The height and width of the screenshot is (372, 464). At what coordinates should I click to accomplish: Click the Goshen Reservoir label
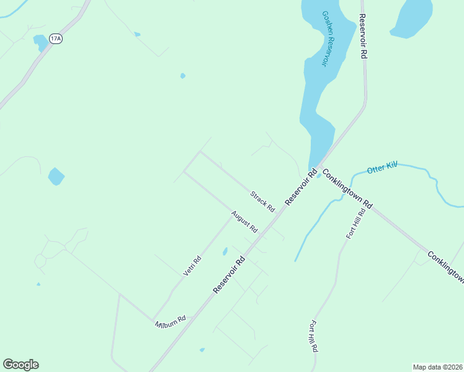(x=328, y=38)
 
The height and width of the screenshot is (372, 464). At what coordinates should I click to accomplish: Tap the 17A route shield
(x=56, y=38)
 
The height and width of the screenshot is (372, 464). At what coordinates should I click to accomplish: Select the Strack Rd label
(x=262, y=201)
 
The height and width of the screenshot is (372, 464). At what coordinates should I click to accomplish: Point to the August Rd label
(x=244, y=222)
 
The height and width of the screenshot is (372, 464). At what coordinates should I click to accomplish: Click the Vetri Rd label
(x=192, y=266)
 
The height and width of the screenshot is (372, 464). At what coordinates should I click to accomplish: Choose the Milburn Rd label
(x=171, y=322)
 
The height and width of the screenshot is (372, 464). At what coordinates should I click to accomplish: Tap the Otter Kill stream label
(x=381, y=168)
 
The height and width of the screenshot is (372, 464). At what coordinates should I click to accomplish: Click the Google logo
(x=20, y=365)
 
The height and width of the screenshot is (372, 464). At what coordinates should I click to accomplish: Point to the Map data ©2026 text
(x=437, y=367)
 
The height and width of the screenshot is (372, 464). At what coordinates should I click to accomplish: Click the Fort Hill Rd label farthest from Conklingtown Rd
(x=314, y=337)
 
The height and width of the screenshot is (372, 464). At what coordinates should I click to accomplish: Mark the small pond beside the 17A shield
(x=40, y=42)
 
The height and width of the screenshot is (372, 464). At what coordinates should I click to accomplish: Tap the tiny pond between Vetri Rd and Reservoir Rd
(x=225, y=251)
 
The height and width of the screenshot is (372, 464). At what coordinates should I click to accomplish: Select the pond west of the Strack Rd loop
(x=56, y=177)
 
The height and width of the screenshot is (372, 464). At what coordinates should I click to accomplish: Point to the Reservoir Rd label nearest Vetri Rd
(x=230, y=276)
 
